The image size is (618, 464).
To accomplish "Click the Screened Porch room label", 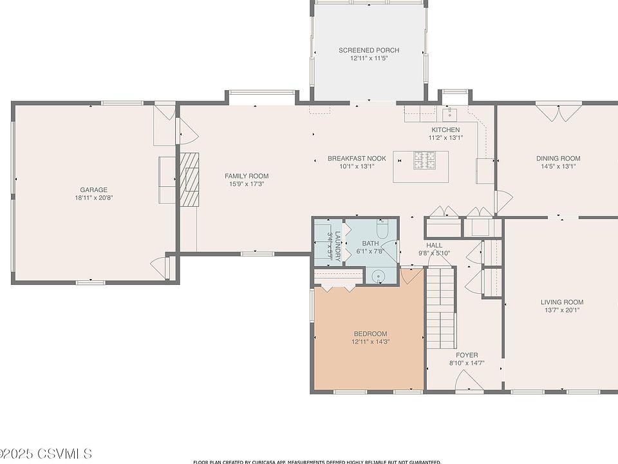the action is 369,50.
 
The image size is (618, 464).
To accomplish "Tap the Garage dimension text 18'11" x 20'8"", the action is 94,198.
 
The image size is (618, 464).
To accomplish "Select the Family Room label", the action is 247,176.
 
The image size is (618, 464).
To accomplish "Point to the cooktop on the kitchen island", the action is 426,160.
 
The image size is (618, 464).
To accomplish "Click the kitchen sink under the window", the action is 449,115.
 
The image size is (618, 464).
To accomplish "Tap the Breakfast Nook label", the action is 357,159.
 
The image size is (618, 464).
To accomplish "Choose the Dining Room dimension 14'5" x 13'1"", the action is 559,166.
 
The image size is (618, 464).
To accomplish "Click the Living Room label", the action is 562,302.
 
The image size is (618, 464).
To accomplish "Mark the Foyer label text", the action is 467,355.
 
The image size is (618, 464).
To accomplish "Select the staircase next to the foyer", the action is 442,308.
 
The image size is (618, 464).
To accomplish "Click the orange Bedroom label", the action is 371,334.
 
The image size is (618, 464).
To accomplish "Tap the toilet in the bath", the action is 382,228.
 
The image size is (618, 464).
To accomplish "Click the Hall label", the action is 435,245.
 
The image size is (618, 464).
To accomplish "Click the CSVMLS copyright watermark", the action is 46,454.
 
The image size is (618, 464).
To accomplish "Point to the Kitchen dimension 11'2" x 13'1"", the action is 445,138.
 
